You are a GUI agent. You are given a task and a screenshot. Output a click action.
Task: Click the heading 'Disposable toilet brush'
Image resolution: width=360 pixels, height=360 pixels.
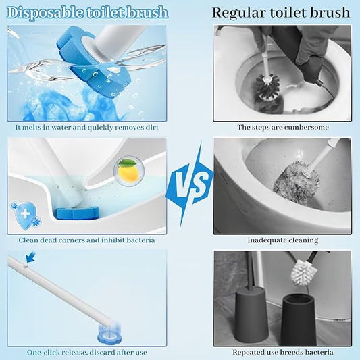[88, 12]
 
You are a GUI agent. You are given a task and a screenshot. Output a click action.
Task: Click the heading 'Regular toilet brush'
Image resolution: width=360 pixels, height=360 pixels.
[281, 12]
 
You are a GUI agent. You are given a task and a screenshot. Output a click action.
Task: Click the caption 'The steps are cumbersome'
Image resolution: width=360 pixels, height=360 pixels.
[282, 127]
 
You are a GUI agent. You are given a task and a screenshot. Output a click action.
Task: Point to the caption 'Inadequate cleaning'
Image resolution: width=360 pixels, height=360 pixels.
[282, 240]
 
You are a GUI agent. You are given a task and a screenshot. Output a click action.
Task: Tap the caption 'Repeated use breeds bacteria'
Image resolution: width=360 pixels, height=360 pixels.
[282, 352]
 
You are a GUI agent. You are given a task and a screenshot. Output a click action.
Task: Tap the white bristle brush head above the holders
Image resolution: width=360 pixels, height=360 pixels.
[305, 272]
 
